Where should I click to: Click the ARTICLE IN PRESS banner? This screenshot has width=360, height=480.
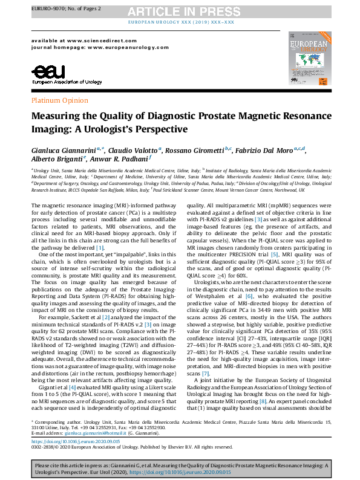pos(180,11)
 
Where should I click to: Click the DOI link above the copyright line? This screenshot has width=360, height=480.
pos(79,442)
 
